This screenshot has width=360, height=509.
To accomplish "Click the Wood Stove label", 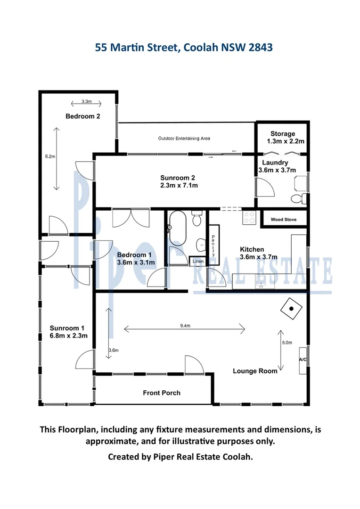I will point(283,220).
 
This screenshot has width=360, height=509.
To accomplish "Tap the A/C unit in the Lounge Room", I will point(303,360).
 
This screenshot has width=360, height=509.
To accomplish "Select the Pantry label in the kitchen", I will point(213,246).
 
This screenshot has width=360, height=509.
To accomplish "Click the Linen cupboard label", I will point(196,260).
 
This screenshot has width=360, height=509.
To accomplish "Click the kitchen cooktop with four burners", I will point(249,217).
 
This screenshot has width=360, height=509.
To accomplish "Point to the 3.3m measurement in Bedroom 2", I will point(86,101).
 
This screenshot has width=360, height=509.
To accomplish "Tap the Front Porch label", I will point(162,393).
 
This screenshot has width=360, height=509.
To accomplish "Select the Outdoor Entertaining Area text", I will point(184,139).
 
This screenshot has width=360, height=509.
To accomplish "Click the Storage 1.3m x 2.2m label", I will point(283,138).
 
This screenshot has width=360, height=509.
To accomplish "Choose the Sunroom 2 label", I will point(177,181).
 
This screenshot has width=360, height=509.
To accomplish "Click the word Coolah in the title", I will point(200,48).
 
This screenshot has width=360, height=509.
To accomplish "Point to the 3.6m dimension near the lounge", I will point(113,350).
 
